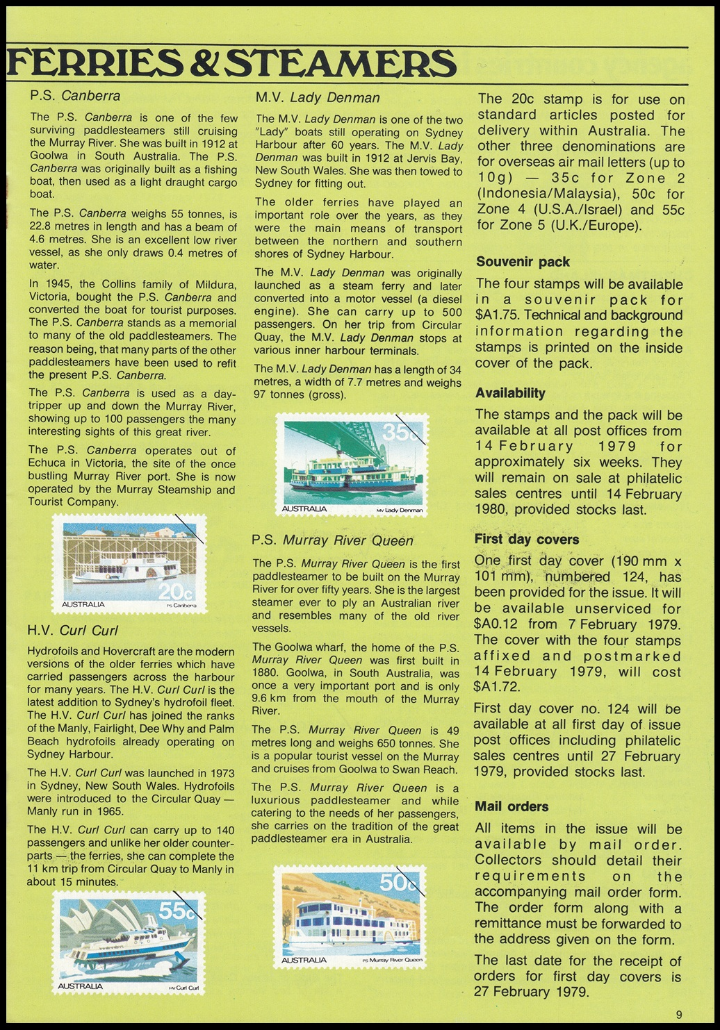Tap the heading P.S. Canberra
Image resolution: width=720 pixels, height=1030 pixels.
[x=75, y=97]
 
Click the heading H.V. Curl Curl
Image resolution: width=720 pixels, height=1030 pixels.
[x=72, y=631]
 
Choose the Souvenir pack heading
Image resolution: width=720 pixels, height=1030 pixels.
[x=523, y=262]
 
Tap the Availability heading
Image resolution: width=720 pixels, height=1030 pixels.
[x=510, y=393]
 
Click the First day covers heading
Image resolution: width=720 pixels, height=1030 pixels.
[x=526, y=539]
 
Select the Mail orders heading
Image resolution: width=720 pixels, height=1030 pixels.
[x=512, y=806]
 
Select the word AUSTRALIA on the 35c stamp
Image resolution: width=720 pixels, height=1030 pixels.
[x=304, y=509]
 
